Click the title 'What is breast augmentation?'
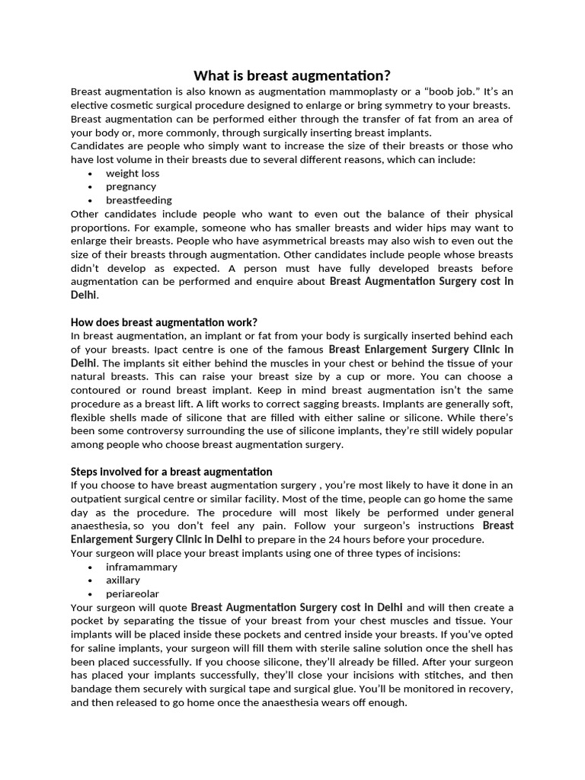pyautogui.click(x=292, y=75)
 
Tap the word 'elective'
pyautogui.click(x=91, y=105)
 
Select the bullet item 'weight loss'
pyautogui.click(x=133, y=173)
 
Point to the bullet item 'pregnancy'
pyautogui.click(x=131, y=187)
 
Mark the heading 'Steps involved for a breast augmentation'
pyautogui.click(x=171, y=472)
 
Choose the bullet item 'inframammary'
pyautogui.click(x=142, y=567)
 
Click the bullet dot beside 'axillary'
pyautogui.click(x=91, y=580)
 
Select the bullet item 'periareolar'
pyautogui.click(x=133, y=594)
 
